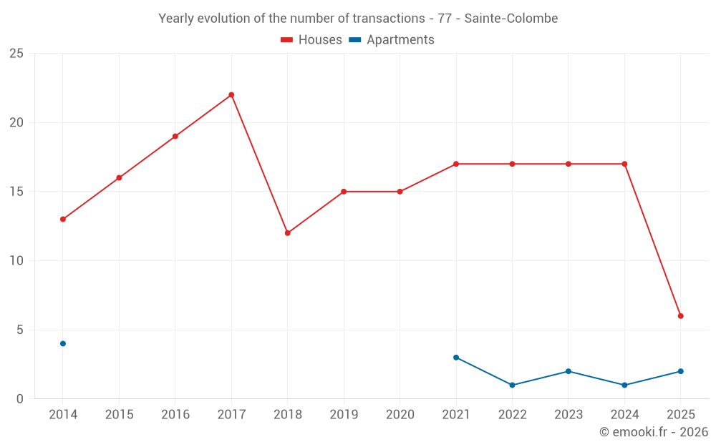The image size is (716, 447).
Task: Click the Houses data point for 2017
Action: click(x=231, y=95)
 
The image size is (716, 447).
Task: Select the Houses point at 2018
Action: click(x=287, y=233)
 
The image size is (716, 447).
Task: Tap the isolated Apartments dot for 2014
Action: click(x=63, y=344)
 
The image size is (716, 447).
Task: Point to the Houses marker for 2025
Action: click(x=681, y=316)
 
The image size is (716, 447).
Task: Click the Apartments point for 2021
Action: click(x=456, y=358)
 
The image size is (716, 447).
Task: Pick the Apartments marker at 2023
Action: click(x=569, y=371)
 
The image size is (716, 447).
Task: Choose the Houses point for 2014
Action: click(x=63, y=220)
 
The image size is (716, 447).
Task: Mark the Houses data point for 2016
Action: click(x=175, y=137)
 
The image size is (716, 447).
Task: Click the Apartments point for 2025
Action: click(x=681, y=371)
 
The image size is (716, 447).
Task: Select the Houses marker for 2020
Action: click(x=400, y=192)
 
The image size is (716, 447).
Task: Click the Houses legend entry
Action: click(x=311, y=40)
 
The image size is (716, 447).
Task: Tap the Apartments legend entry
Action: click(x=392, y=40)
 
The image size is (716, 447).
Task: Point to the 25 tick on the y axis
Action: click(x=16, y=54)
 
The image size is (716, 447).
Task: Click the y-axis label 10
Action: click(x=16, y=261)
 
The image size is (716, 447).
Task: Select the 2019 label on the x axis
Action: click(x=344, y=415)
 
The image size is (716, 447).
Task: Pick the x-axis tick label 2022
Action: click(x=513, y=415)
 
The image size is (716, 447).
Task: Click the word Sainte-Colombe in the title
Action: click(x=511, y=19)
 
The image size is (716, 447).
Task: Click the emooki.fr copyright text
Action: click(x=654, y=432)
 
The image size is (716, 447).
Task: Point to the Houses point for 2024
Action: click(x=624, y=164)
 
